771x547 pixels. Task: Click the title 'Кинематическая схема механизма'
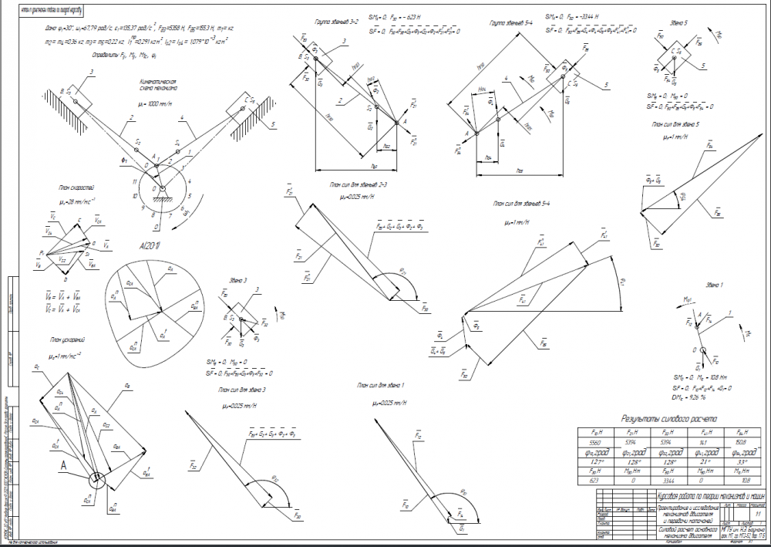point(159,83)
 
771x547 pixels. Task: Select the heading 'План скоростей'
point(75,187)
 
